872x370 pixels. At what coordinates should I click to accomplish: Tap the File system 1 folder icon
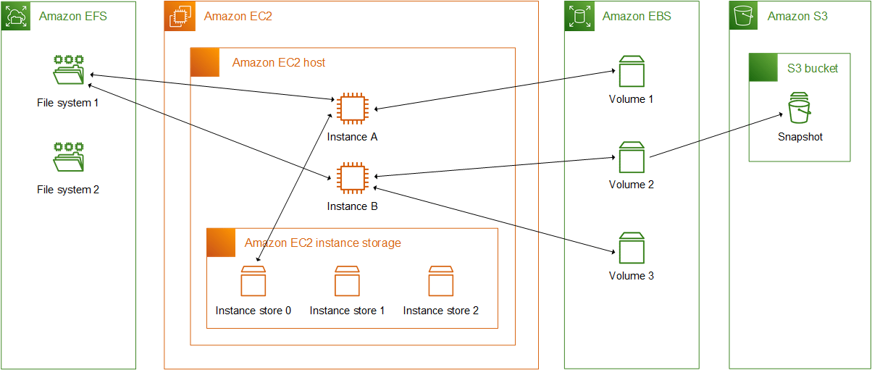tap(69, 70)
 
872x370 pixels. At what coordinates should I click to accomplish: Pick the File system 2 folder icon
tap(69, 157)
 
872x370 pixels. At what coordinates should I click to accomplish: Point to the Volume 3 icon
tap(631, 248)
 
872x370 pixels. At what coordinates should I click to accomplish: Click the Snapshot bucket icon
tap(800, 109)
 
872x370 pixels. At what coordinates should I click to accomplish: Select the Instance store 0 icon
tap(253, 282)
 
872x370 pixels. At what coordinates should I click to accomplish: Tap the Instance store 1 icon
tap(347, 282)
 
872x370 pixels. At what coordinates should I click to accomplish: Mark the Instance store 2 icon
tap(440, 282)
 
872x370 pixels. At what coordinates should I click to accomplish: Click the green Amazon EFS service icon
tap(15, 16)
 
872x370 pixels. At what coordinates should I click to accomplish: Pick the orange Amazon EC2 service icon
tap(179, 16)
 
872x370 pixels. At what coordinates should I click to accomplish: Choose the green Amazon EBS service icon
tap(579, 16)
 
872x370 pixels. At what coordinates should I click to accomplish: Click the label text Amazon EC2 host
tap(279, 63)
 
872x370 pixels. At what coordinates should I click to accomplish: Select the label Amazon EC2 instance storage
tap(322, 243)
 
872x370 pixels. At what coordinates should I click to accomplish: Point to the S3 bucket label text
tap(813, 69)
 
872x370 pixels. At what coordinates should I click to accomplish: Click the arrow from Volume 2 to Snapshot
tap(717, 135)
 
